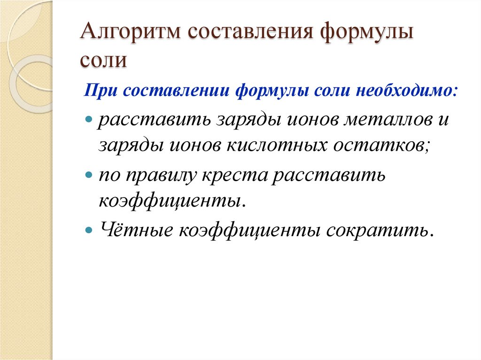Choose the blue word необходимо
pyautogui.click(x=393, y=89)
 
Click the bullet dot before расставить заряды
pyautogui.click(x=89, y=120)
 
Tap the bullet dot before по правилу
pyautogui.click(x=89, y=175)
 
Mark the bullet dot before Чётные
pyautogui.click(x=89, y=230)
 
